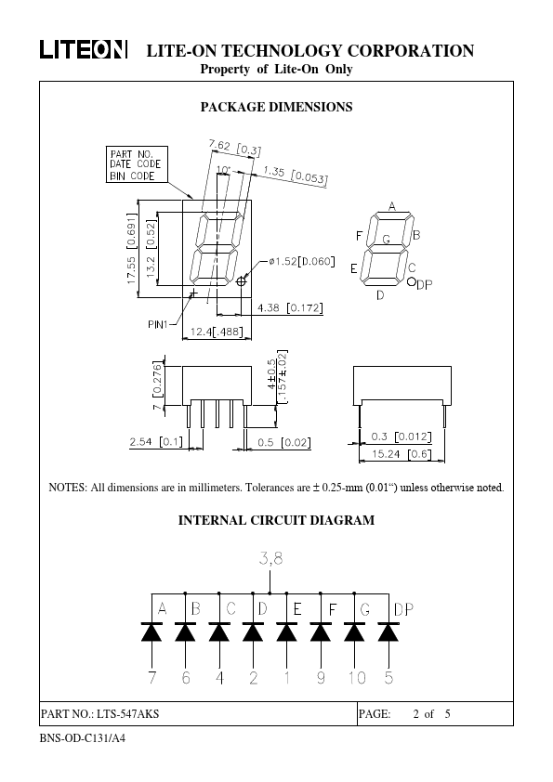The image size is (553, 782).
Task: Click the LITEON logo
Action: pos(84,50)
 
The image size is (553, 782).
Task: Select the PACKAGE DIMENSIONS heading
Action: pos(277,107)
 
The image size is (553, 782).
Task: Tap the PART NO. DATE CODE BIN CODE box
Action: pos(137,164)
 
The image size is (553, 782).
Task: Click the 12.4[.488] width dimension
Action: pos(217,332)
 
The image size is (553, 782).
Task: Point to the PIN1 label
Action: pos(158,324)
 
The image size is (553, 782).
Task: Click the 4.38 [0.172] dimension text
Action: pos(290,307)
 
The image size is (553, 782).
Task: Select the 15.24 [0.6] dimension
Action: pos(401,454)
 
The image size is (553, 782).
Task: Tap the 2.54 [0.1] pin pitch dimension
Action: pos(156,442)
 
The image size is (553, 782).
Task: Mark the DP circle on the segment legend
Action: pos(411,281)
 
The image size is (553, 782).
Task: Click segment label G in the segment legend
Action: pos(386,240)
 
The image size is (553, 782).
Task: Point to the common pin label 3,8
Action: pos(270,558)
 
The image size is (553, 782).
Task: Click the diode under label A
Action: pos(151,631)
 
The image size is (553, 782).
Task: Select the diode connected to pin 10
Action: pos(354,631)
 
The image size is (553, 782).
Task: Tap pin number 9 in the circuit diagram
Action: pos(321,677)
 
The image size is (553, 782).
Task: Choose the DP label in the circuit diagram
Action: pos(403,609)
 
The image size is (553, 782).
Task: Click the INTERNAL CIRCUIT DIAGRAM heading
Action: pos(277,520)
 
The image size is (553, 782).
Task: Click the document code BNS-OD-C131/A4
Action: pos(83,737)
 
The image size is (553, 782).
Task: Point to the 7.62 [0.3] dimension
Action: pos(234,147)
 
